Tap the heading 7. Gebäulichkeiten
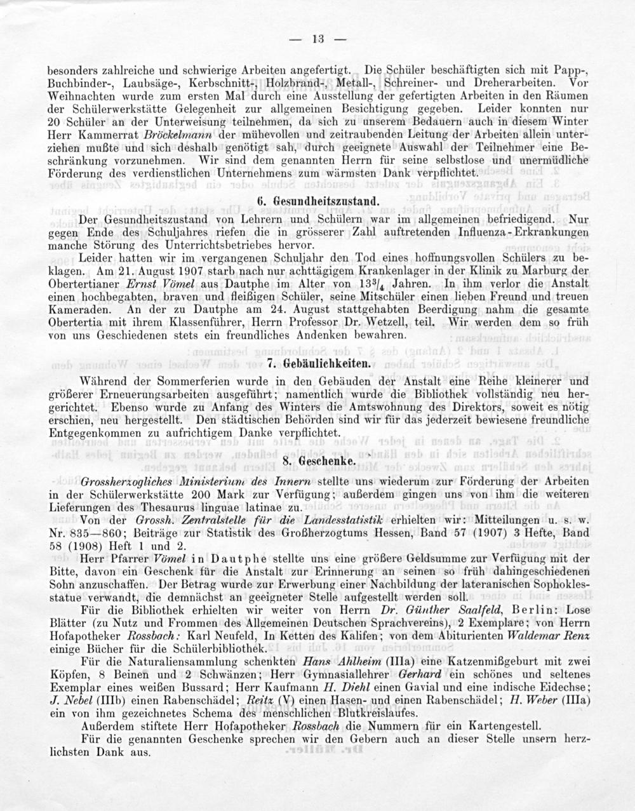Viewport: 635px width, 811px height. [x=318, y=364]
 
